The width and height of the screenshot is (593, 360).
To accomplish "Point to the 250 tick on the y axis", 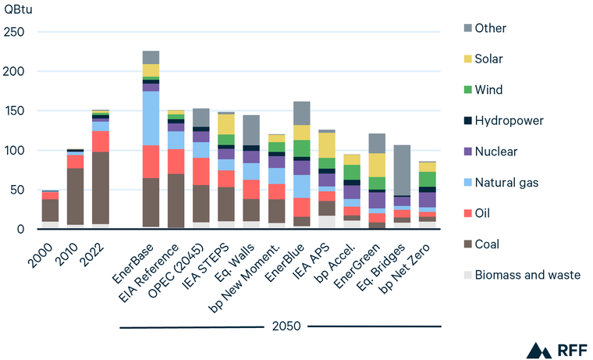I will tap(15, 32).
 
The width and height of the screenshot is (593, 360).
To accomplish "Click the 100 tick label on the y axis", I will tap(15, 151).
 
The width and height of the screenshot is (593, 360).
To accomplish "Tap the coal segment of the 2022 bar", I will tap(101, 187).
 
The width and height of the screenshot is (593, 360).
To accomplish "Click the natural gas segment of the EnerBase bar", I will tap(151, 118).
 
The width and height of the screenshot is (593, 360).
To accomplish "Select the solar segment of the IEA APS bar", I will tap(326, 145).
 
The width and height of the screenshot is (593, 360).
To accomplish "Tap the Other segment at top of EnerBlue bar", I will tap(301, 113).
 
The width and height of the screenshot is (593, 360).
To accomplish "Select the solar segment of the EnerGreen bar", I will tap(377, 165).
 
